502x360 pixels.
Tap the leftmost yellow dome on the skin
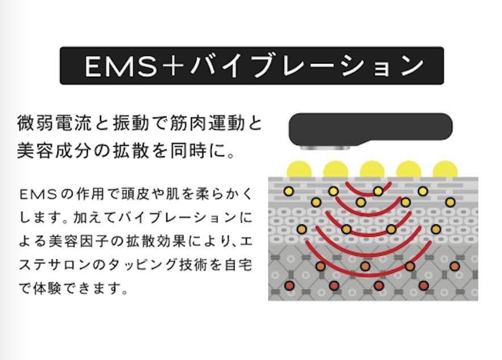[x=299, y=169]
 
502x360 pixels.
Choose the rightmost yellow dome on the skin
[x=445, y=169]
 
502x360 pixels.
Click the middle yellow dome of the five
[x=372, y=169]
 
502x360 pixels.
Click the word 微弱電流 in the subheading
[x=52, y=123]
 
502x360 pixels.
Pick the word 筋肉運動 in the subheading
[x=204, y=123]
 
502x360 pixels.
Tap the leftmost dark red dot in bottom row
[x=289, y=285]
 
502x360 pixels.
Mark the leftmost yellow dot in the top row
[x=289, y=191]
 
